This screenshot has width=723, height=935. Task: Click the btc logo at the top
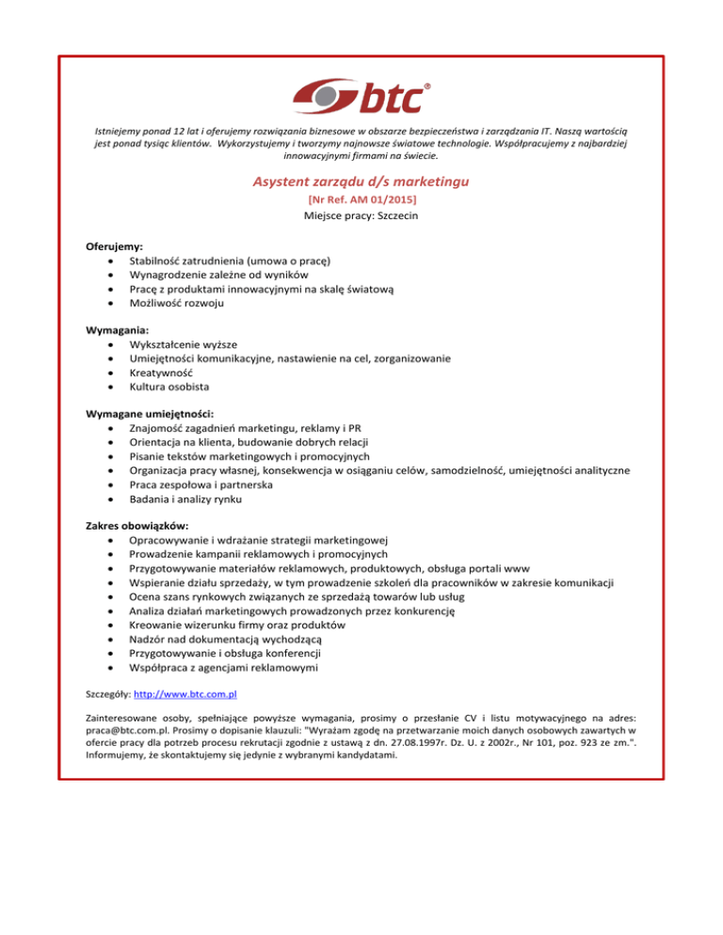pos(361,97)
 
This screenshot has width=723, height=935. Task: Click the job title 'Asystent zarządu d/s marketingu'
pos(361,181)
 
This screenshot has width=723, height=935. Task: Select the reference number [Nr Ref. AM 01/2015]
pos(361,200)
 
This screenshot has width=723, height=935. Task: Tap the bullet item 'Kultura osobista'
pos(170,387)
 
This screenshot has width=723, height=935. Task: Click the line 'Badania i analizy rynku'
pos(189,499)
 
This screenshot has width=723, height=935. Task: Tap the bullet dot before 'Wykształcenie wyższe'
pos(113,344)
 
